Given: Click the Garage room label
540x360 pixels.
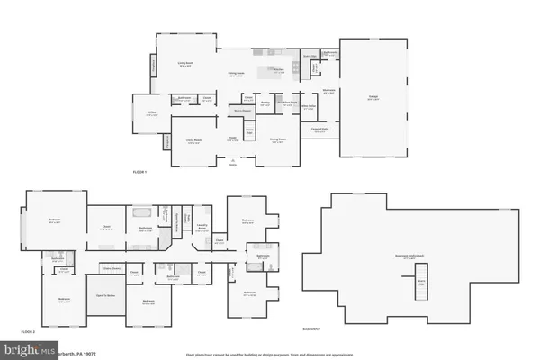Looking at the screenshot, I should tap(372, 100).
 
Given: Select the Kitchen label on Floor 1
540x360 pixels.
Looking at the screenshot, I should tap(279, 72).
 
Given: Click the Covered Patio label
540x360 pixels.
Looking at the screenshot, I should tap(318, 130).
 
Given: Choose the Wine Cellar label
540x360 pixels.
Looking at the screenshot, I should tap(308, 107).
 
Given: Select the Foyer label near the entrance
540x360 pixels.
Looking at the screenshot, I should tap(231, 139).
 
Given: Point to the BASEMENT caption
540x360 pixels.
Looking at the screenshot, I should tap(312, 330).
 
